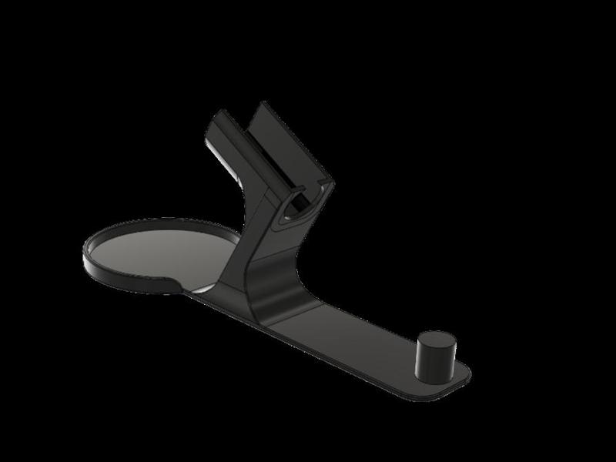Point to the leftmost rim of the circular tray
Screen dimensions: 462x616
pos(85,254)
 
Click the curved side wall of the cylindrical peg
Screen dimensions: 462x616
pos(432,362)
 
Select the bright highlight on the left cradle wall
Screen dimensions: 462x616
pos(209,146)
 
